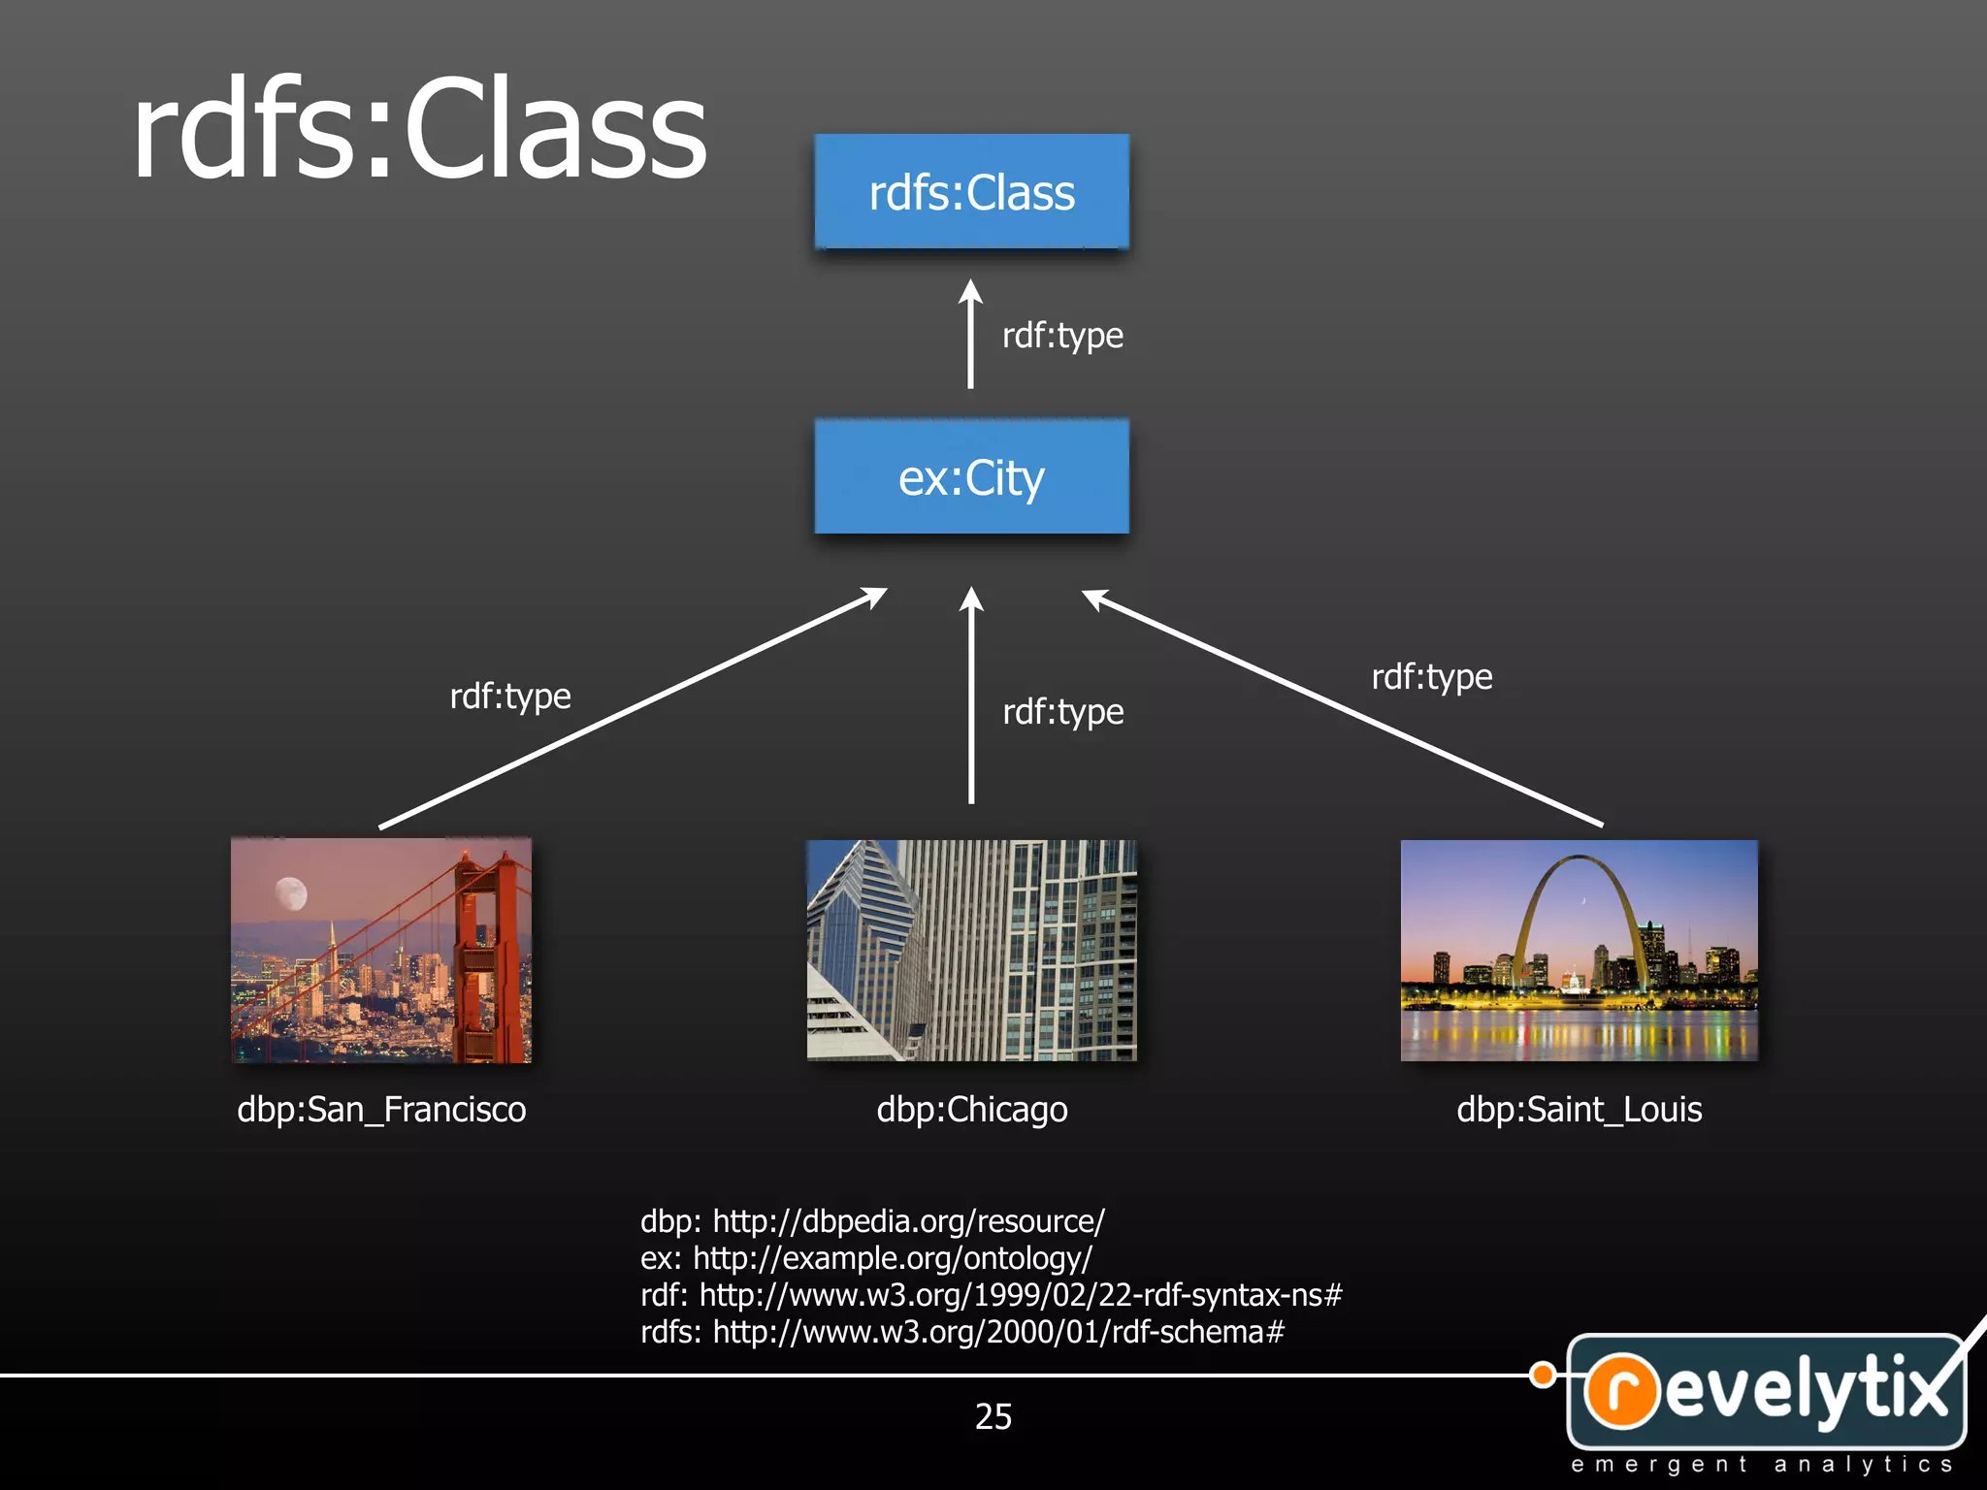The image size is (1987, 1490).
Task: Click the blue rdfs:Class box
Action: (971, 192)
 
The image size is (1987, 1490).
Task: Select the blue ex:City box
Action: (971, 476)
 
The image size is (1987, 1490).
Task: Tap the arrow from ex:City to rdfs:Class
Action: (970, 335)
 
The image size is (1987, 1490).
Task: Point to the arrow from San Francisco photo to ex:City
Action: (631, 709)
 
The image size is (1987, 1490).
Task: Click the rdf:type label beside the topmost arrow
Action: (1062, 336)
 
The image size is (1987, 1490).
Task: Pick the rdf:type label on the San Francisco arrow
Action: (510, 696)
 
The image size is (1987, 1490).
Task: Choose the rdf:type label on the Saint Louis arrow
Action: (1431, 677)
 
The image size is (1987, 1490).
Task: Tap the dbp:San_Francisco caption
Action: (381, 1110)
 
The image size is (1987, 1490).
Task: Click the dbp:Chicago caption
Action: (971, 1110)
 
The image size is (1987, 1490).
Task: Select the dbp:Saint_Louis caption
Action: (1579, 1110)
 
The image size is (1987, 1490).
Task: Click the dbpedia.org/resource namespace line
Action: (871, 1221)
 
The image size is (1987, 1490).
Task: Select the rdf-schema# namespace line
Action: (961, 1332)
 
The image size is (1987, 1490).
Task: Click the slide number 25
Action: (993, 1416)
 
